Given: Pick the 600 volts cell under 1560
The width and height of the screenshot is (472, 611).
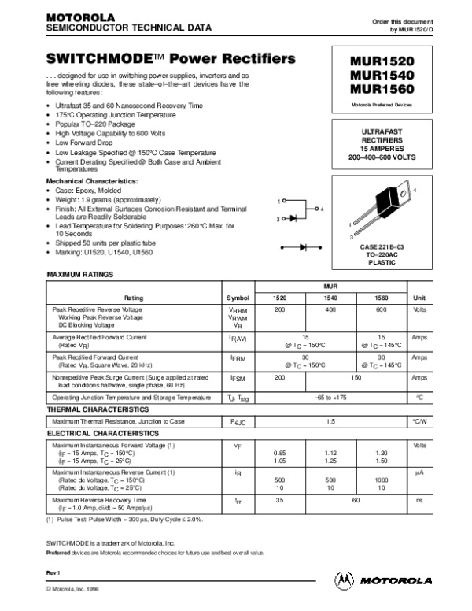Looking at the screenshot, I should click(x=380, y=310).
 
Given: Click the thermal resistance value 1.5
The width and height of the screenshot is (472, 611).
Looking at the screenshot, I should click(x=330, y=422).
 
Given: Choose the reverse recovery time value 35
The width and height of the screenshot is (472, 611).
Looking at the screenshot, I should click(x=279, y=499).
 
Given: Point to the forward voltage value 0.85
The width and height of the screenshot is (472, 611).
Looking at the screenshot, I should click(x=279, y=453).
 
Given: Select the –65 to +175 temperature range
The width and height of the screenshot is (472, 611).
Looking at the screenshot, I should click(x=330, y=398).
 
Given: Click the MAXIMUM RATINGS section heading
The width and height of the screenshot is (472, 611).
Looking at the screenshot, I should click(x=81, y=275).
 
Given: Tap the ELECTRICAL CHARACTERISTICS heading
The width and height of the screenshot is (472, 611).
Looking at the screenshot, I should click(x=97, y=434).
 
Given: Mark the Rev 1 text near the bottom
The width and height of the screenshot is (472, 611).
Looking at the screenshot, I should click(x=54, y=570).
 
